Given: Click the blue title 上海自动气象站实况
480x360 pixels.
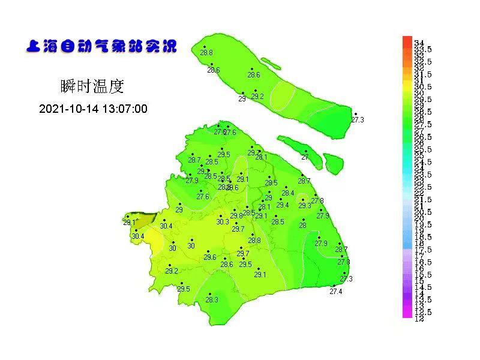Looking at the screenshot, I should tap(101, 47).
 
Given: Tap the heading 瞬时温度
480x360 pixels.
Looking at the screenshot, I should tap(92, 86).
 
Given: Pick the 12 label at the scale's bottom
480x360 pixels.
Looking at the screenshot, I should tap(419, 318).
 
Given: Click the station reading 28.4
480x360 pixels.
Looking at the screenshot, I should tap(288, 193).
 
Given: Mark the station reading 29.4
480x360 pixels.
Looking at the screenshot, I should tap(282, 205).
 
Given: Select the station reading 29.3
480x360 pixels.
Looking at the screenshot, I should tap(305, 205).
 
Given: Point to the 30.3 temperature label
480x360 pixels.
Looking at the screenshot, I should tap(223, 221).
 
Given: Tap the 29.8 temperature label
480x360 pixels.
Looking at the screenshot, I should tap(236, 215).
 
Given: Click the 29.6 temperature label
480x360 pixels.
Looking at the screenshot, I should tap(209, 257).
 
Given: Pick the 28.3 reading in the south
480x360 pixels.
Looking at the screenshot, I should tap(212, 299).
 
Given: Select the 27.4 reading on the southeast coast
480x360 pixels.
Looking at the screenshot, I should tap(336, 292).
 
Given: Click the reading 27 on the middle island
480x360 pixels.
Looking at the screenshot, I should tap(305, 157).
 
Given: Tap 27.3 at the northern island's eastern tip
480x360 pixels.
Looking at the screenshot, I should tap(358, 120).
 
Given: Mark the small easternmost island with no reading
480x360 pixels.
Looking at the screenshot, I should tap(334, 162).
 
